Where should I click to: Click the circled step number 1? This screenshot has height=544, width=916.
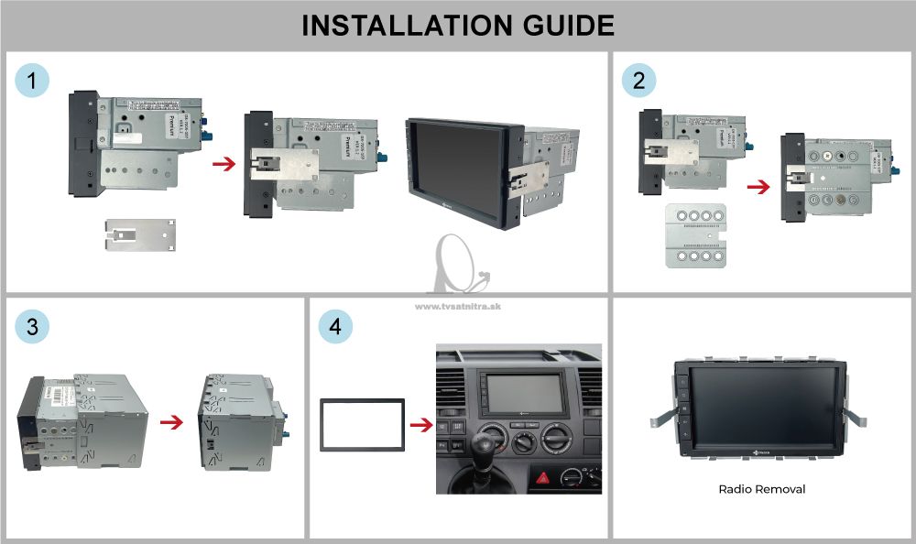click(33, 82)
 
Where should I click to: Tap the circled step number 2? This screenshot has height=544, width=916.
click(638, 82)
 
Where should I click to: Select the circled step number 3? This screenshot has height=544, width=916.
click(33, 327)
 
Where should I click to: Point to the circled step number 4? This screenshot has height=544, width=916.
click(335, 327)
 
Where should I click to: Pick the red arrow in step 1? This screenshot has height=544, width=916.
click(223, 164)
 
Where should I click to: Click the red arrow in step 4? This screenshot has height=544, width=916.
click(420, 425)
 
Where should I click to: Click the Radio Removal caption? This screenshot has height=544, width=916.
click(762, 489)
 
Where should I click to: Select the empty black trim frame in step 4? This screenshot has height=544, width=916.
click(362, 425)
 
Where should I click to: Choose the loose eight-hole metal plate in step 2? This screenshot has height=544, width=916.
click(695, 234)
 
